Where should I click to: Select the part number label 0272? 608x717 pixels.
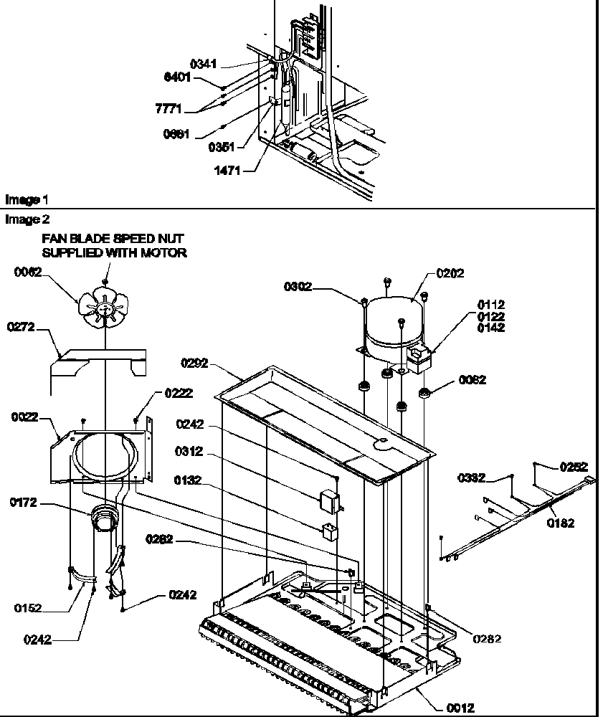click(20, 327)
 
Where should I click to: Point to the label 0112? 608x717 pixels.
click(491, 305)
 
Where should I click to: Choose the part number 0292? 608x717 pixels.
click(194, 364)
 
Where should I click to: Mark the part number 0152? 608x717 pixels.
click(27, 609)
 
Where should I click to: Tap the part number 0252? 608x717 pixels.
click(573, 466)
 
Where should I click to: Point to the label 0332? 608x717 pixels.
click(472, 478)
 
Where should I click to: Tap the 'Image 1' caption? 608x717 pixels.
click(22, 199)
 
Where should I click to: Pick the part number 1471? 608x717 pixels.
click(227, 171)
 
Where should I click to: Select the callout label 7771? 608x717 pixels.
click(168, 109)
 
